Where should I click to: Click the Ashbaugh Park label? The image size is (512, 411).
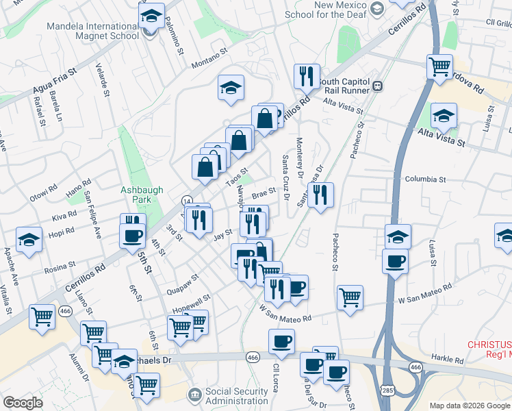tap(136, 195)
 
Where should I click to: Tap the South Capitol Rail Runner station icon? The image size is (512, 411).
tap(377, 86)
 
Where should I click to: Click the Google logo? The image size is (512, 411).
tap(23, 403)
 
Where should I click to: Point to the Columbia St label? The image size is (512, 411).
tap(425, 179)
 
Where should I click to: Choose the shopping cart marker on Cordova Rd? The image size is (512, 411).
tap(439, 66)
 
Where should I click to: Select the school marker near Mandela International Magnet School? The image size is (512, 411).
tap(152, 16)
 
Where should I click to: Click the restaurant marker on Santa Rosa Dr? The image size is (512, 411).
tap(320, 195)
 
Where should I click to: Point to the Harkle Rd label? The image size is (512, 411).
tap(448, 360)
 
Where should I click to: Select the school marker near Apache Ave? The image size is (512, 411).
tap(29, 239)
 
